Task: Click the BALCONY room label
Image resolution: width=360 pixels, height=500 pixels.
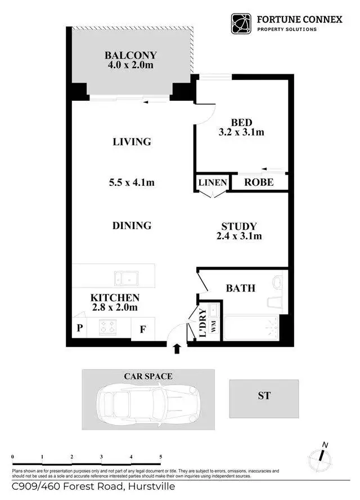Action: coord(130,55)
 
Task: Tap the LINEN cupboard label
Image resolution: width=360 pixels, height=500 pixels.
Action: coord(212,182)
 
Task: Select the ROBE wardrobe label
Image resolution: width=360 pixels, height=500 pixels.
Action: coord(259,182)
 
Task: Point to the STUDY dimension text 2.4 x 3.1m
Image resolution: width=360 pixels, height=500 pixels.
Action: coord(239,236)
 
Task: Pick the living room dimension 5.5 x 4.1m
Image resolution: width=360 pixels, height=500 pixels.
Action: coord(132,182)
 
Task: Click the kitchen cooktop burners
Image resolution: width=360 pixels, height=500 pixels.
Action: coord(107,327)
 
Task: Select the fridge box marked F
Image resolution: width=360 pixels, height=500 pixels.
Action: coord(143,329)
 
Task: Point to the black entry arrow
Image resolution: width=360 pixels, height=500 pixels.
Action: coord(177,349)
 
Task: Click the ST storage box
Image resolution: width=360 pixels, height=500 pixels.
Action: coord(264,395)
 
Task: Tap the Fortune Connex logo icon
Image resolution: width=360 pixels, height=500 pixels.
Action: coord(242,24)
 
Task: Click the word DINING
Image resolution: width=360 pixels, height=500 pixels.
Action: coord(132,225)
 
